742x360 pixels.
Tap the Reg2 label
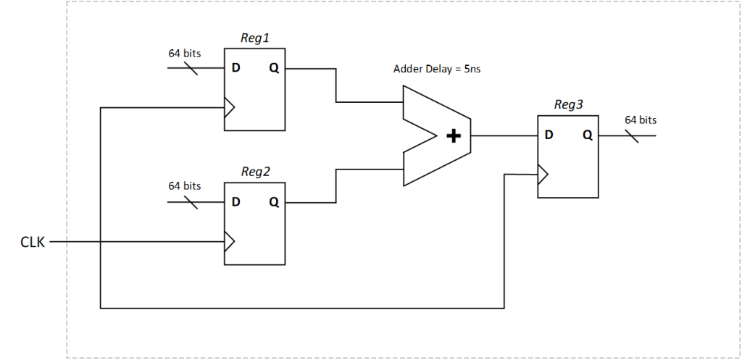point(255,172)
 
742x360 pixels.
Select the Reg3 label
point(568,105)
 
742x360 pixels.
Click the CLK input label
point(32,243)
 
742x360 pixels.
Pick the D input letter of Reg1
point(235,69)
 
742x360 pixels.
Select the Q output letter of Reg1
point(273,69)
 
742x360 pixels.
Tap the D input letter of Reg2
point(235,202)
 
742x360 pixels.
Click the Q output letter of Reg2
point(273,202)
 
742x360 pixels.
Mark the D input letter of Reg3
point(549,135)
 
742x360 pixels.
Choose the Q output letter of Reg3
point(587,135)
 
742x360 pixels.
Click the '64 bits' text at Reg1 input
point(185,53)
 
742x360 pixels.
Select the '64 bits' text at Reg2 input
point(185,186)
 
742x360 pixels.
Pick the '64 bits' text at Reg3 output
point(641,120)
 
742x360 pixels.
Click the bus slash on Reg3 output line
point(631,135)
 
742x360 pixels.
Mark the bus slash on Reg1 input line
point(191,68)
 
